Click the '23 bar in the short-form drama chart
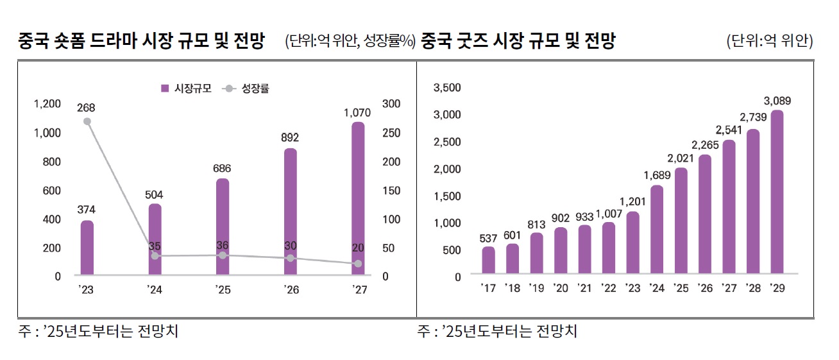point(87,248)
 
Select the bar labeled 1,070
point(358,199)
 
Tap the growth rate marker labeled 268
point(87,121)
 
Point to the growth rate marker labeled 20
point(358,264)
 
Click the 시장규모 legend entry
point(185,89)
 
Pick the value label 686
point(222,168)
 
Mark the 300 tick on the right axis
point(391,103)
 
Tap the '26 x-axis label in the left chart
point(291,290)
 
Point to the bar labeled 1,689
point(657,229)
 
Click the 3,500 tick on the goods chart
point(447,87)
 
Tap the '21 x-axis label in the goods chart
point(584,288)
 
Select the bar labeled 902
point(561,250)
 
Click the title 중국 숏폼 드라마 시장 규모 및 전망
point(142,42)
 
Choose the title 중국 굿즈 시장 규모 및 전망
point(518,42)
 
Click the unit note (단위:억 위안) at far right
point(769,42)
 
